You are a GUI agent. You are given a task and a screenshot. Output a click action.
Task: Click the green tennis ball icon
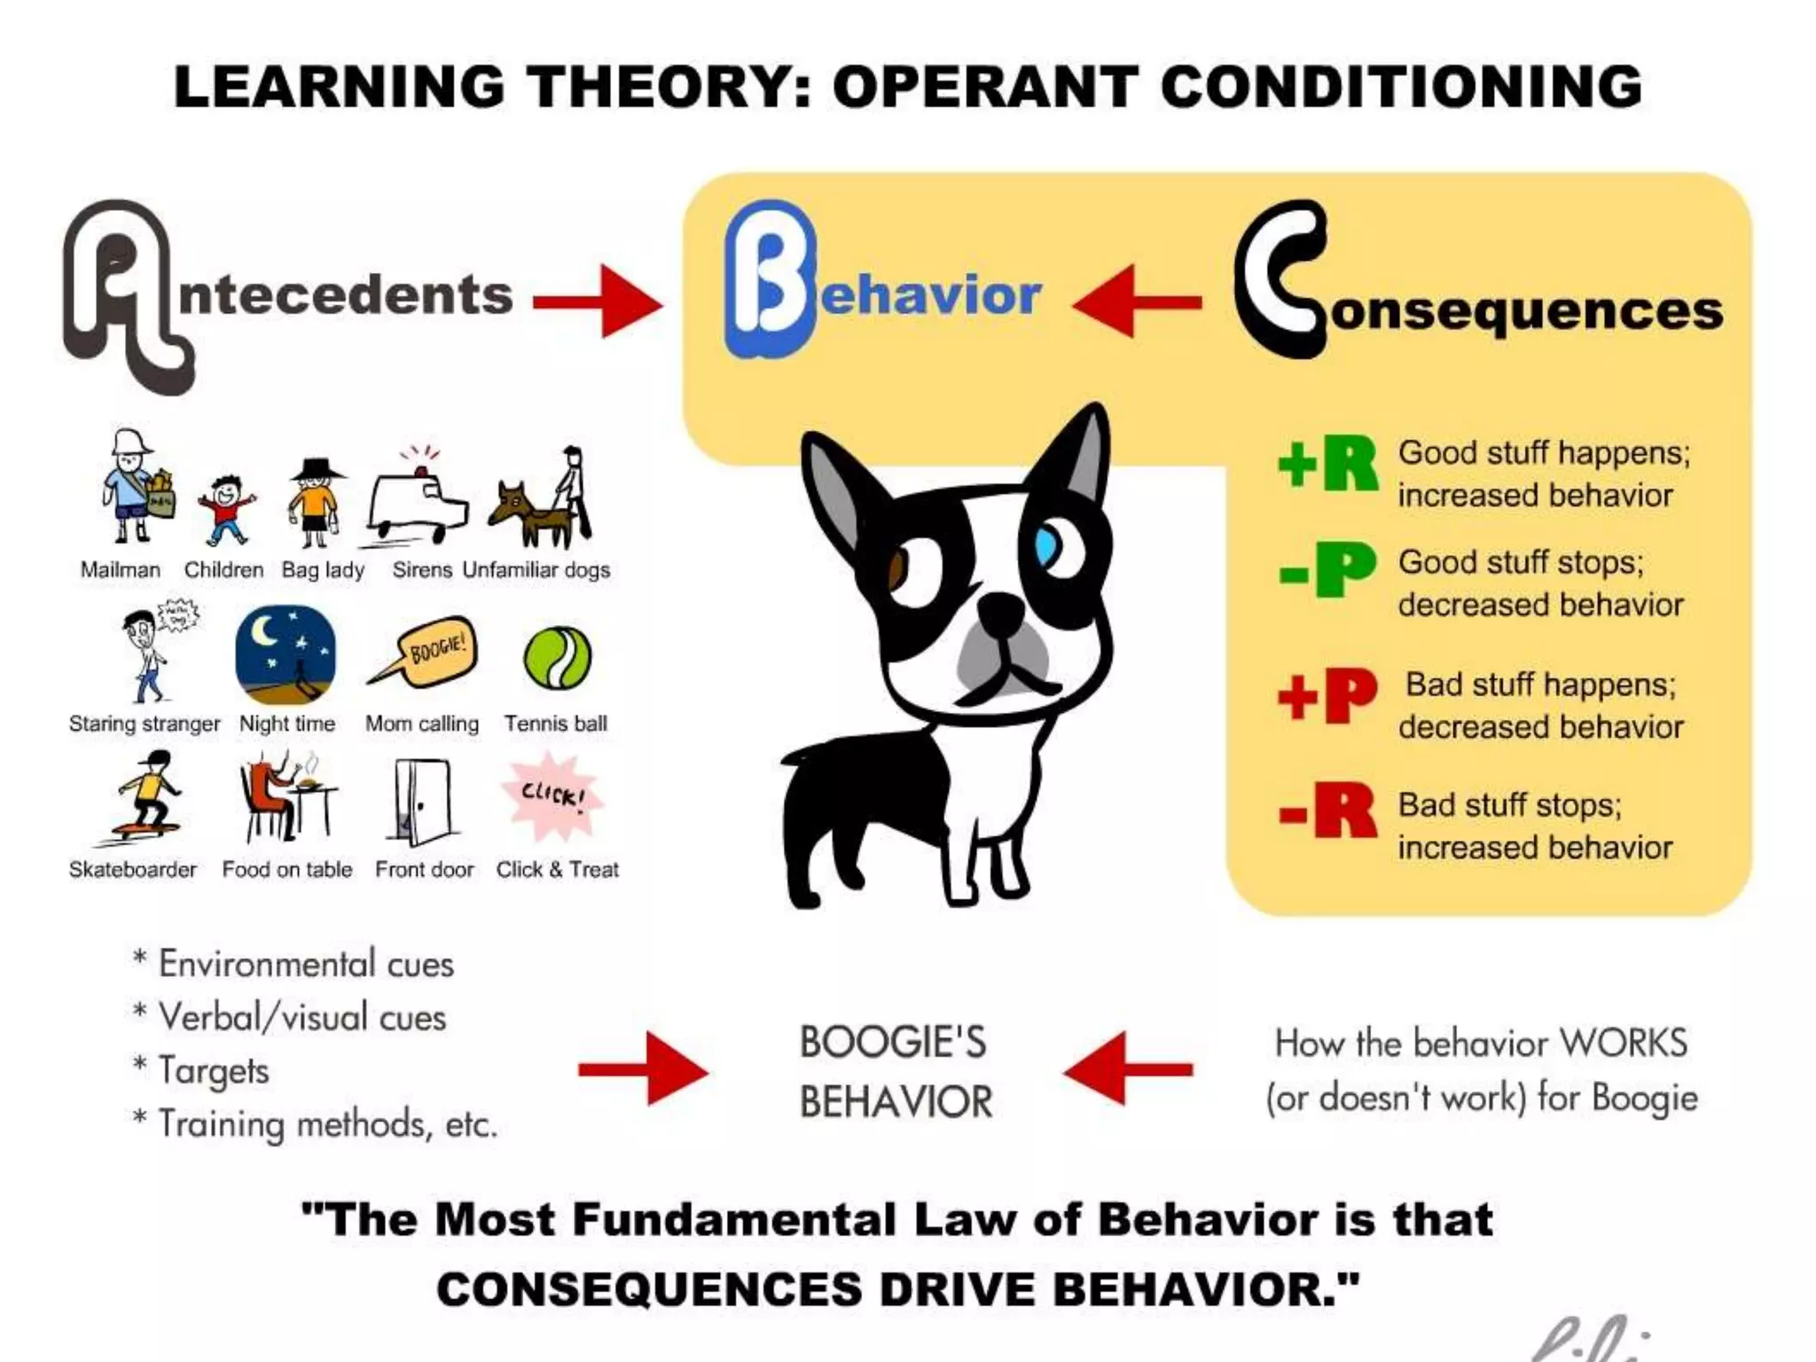[557, 658]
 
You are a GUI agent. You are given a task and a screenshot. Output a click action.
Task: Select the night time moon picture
[286, 654]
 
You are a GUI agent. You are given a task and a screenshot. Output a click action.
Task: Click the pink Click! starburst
[552, 795]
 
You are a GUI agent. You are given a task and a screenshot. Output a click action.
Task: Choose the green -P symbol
[1327, 570]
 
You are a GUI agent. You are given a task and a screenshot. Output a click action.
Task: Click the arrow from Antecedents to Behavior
[598, 301]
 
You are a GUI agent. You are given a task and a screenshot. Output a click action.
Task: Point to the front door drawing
[422, 802]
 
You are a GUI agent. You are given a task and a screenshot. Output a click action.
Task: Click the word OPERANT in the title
[984, 87]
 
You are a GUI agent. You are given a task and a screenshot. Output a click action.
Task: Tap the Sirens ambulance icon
[417, 502]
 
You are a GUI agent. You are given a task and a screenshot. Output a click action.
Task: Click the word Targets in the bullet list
[214, 1070]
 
